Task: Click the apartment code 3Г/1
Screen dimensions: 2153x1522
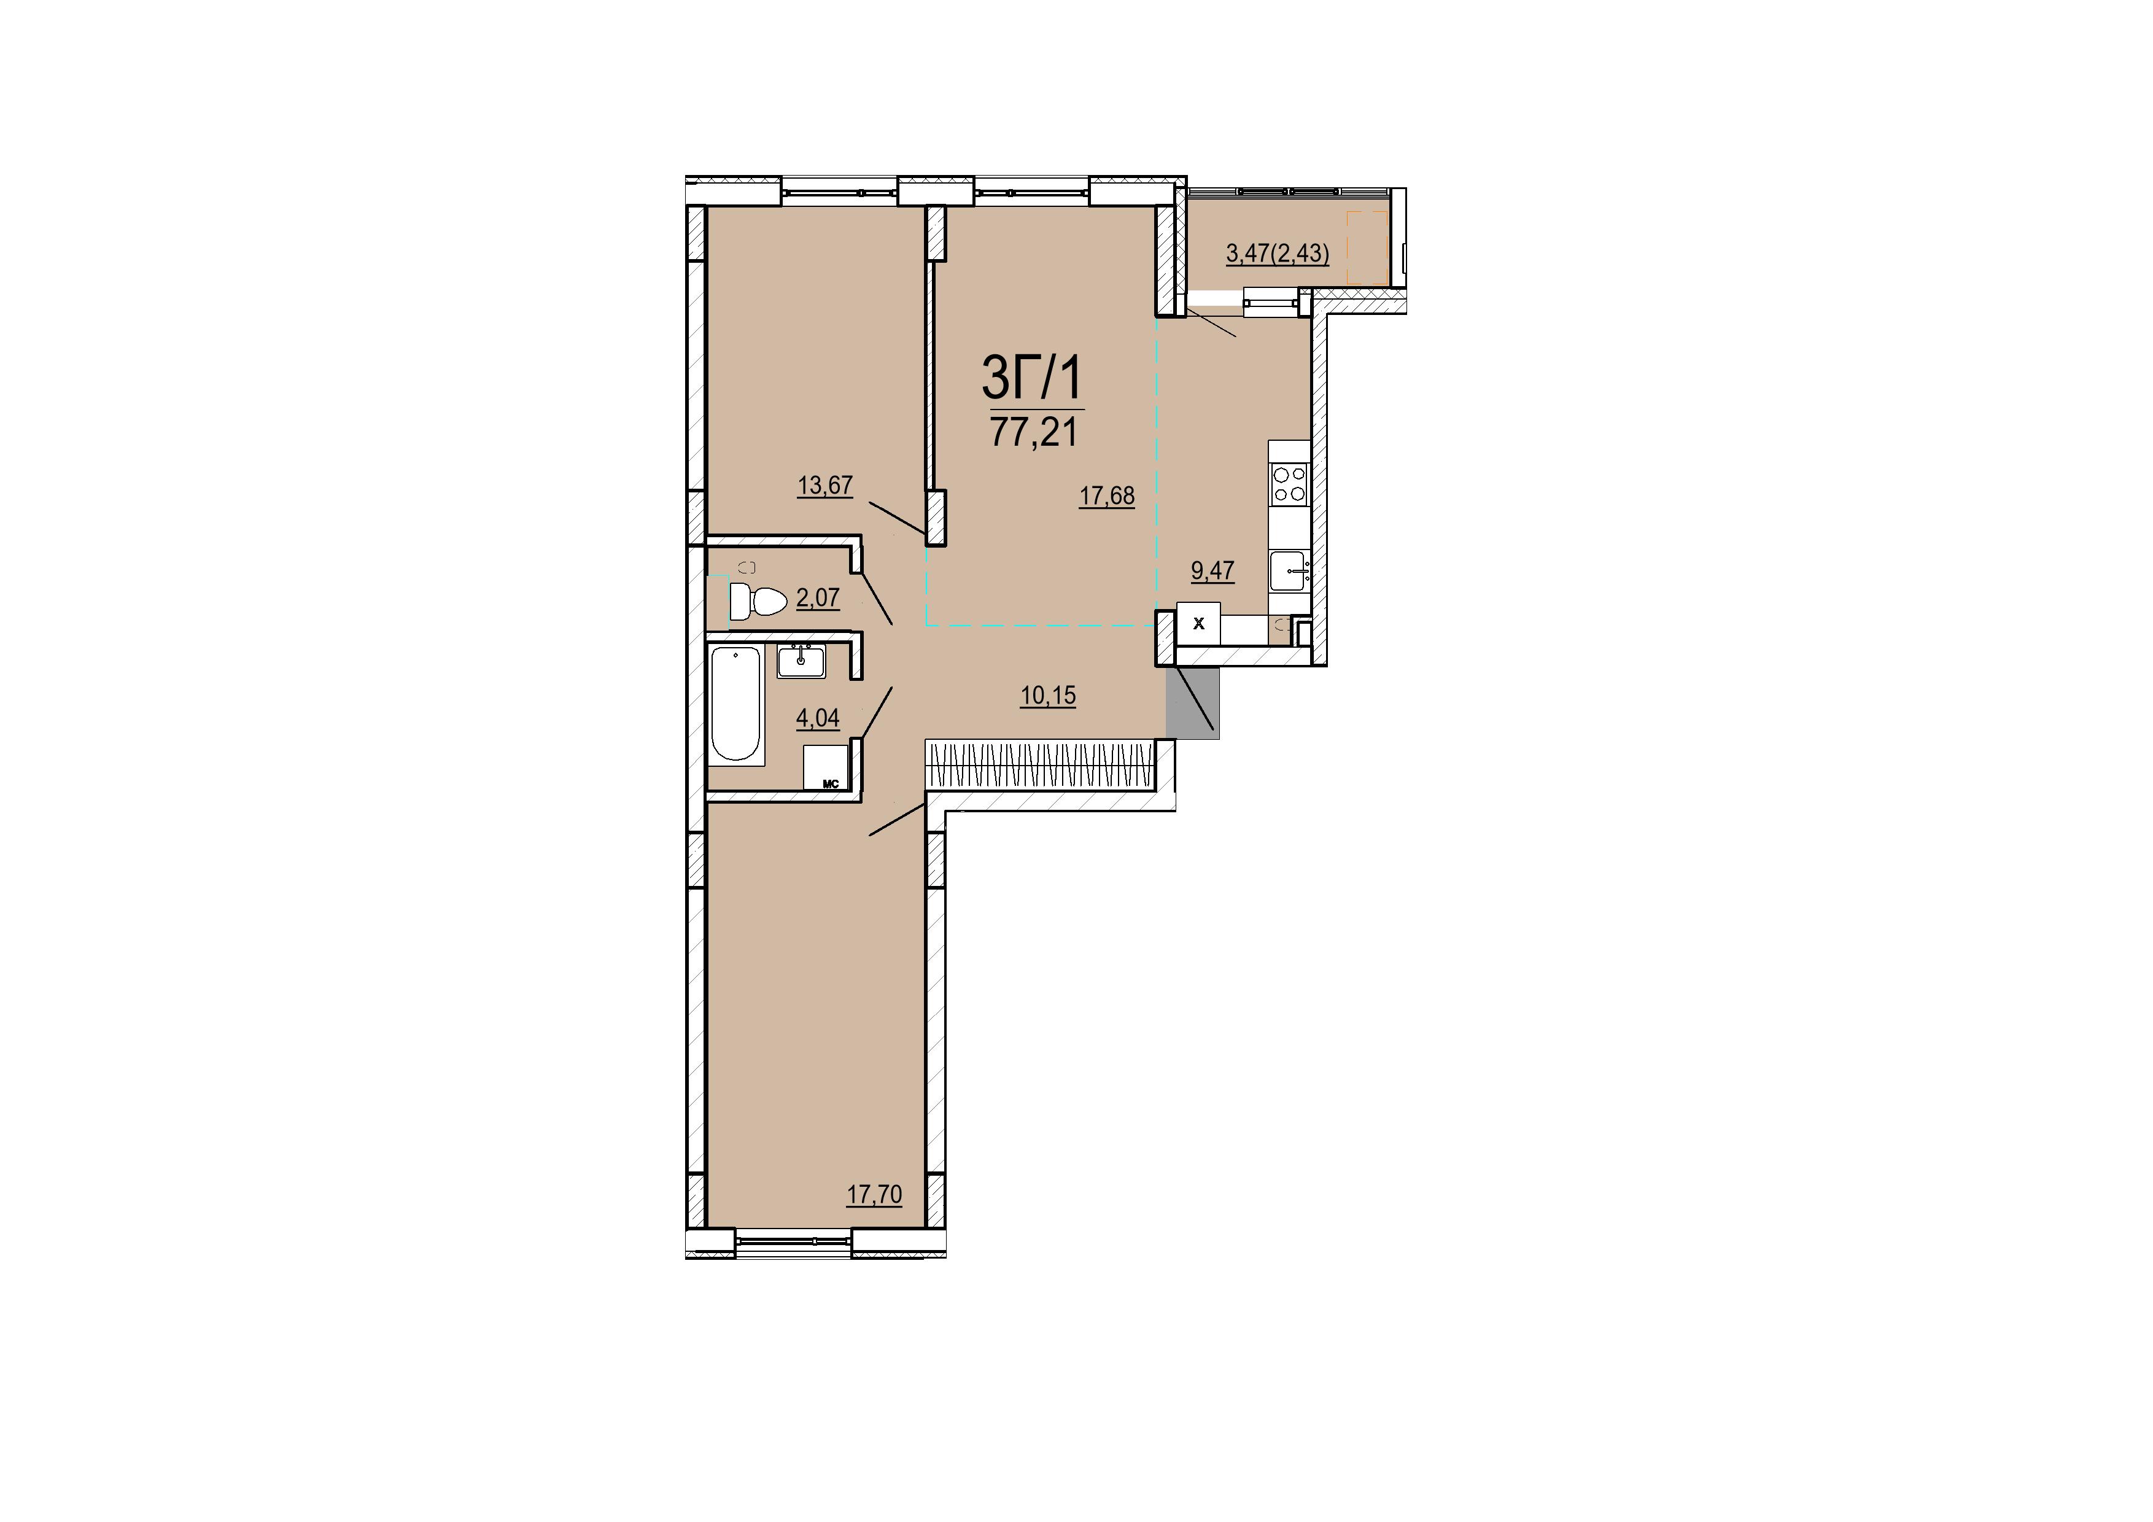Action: (1031, 378)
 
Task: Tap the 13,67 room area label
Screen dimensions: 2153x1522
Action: (825, 485)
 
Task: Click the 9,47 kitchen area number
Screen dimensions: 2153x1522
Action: (1212, 570)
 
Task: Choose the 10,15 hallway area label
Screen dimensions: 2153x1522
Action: (1049, 696)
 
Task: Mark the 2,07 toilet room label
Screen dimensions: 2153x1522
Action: (818, 597)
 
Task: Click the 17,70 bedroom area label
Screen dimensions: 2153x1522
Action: (874, 1195)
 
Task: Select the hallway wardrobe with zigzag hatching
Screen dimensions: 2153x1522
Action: (1041, 764)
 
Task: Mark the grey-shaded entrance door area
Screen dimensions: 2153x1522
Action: (1193, 702)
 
